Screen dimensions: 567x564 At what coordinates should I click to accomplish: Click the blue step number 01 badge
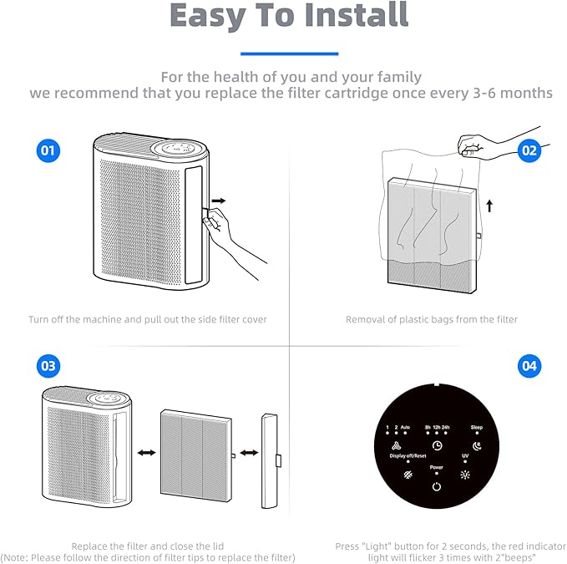[x=48, y=150]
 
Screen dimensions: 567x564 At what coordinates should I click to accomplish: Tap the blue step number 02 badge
[x=529, y=150]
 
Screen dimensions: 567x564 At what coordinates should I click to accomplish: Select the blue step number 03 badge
[x=48, y=366]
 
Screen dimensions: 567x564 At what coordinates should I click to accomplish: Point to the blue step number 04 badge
[x=529, y=366]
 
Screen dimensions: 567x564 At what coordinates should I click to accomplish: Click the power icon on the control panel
[x=437, y=486]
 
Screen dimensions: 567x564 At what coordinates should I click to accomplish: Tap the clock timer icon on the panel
[x=438, y=445]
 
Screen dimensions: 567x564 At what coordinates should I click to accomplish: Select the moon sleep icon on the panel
[x=477, y=446]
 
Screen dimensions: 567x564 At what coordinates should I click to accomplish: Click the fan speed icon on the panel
[x=397, y=445]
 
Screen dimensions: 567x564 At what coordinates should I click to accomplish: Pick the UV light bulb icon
[x=465, y=475]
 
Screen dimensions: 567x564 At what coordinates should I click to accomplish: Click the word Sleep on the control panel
[x=477, y=427]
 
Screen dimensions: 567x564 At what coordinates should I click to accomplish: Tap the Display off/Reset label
[x=408, y=456]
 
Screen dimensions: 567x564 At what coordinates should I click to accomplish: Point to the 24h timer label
[x=446, y=427]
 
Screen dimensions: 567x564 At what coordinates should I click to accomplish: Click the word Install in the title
[x=357, y=14]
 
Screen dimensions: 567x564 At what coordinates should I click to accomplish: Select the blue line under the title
[x=289, y=54]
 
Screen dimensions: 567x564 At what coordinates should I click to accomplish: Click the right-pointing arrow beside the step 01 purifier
[x=219, y=201]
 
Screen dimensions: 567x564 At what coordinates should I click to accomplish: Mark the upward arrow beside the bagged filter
[x=489, y=206]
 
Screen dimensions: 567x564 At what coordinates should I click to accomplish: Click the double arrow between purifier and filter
[x=146, y=453]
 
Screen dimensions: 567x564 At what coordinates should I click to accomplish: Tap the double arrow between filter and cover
[x=249, y=453]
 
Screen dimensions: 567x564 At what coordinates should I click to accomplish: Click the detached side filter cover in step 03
[x=270, y=460]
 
